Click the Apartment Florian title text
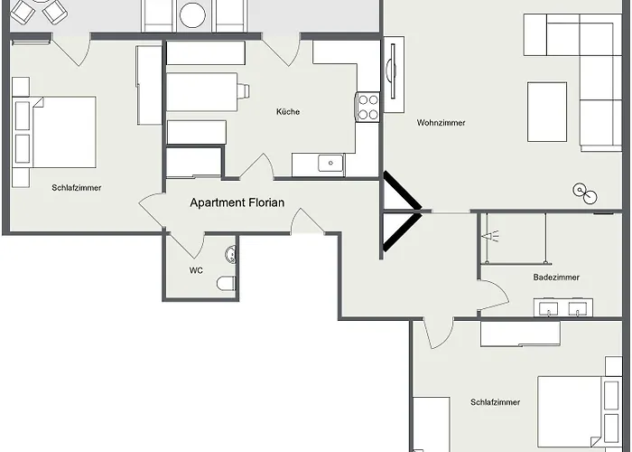point(237,202)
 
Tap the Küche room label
point(288,111)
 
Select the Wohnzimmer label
point(441,122)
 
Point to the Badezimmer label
point(556,278)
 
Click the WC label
point(196,270)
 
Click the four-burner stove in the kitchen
point(368,107)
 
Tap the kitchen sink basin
point(330,163)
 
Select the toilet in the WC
point(227,283)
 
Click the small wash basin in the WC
point(230,255)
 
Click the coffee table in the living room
point(547,112)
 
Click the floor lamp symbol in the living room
point(585,193)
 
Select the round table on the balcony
point(192,15)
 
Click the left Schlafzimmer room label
point(77,188)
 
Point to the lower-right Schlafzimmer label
point(496,402)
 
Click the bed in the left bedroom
point(55,132)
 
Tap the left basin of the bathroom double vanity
point(548,309)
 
